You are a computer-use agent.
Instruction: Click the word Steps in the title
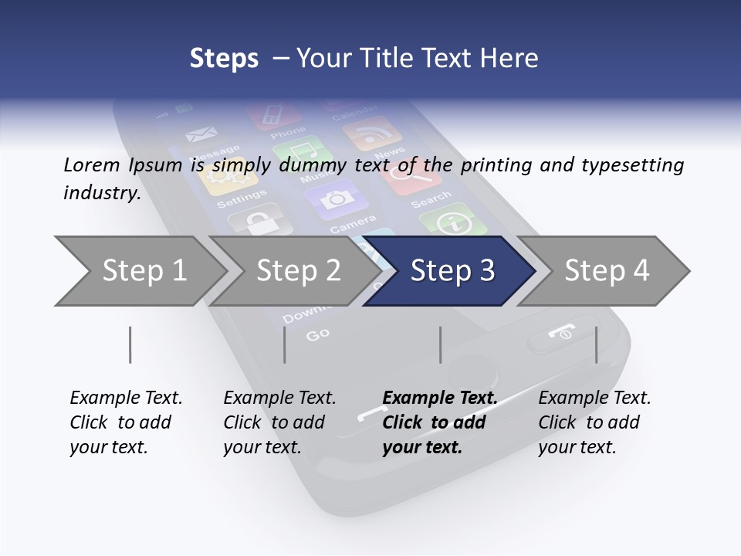pyautogui.click(x=224, y=59)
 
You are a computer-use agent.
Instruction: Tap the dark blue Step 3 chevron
pyautogui.click(x=452, y=271)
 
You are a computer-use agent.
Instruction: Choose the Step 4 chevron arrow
pyautogui.click(x=607, y=271)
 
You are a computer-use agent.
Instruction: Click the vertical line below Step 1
pyautogui.click(x=130, y=344)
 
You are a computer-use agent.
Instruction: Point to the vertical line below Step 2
pyautogui.click(x=285, y=344)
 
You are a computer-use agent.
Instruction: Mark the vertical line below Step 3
pyautogui.click(x=440, y=344)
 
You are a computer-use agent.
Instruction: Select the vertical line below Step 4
pyautogui.click(x=596, y=344)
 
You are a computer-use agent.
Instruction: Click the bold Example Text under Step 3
pyautogui.click(x=439, y=398)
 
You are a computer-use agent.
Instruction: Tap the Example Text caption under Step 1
pyautogui.click(x=126, y=398)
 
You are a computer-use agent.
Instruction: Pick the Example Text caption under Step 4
pyautogui.click(x=594, y=398)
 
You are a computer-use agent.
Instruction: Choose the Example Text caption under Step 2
pyautogui.click(x=279, y=398)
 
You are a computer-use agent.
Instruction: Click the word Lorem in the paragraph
pyautogui.click(x=91, y=164)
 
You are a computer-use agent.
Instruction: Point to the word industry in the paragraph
pyautogui.click(x=102, y=193)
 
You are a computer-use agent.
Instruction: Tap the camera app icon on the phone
pyautogui.click(x=336, y=199)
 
